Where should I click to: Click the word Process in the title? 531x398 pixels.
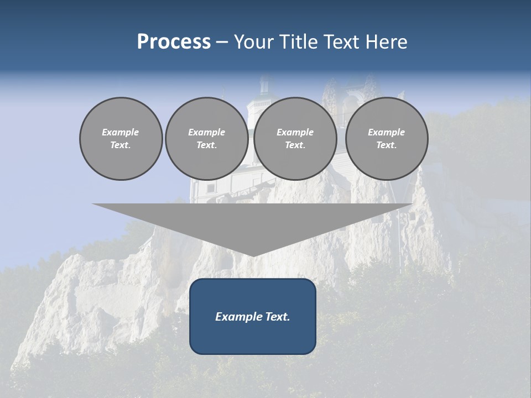tap(174, 42)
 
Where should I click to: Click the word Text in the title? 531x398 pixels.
tap(341, 42)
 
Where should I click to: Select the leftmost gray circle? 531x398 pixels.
tap(121, 139)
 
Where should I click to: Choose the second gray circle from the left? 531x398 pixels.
tap(207, 139)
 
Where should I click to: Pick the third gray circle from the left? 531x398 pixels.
tap(295, 139)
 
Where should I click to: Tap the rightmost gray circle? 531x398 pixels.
tap(387, 139)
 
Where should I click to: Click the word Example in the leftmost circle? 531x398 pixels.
tap(121, 132)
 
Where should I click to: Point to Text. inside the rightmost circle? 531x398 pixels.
tap(387, 145)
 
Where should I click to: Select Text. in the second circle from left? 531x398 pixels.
tap(207, 145)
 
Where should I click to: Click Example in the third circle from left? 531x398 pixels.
tap(295, 132)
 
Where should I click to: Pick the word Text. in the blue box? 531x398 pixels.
tap(276, 317)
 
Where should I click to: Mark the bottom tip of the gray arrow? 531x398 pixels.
tap(253, 255)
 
